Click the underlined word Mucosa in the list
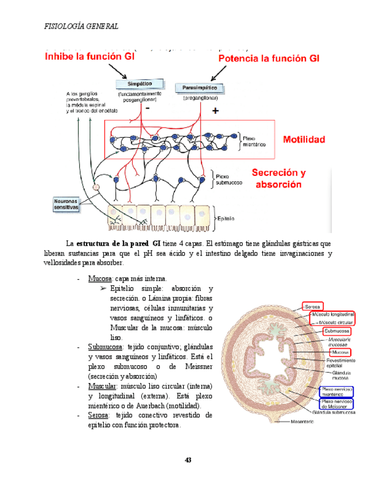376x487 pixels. tap(99, 279)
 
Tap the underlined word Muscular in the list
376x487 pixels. tap(103, 386)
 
